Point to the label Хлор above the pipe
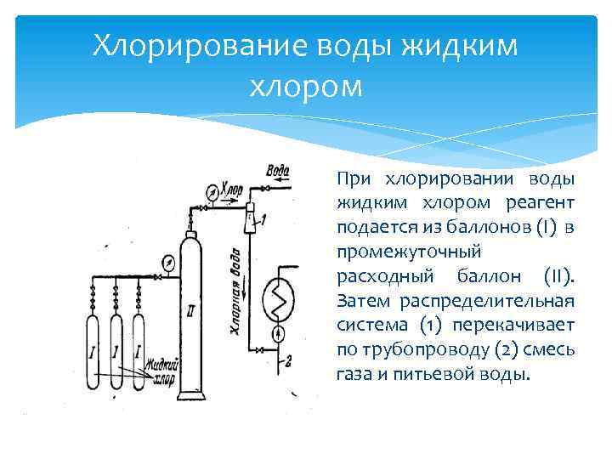pyautogui.click(x=230, y=188)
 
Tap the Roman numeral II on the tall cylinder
pyautogui.click(x=190, y=313)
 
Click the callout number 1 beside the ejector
pyautogui.click(x=264, y=219)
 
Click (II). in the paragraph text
pyautogui.click(x=558, y=276)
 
